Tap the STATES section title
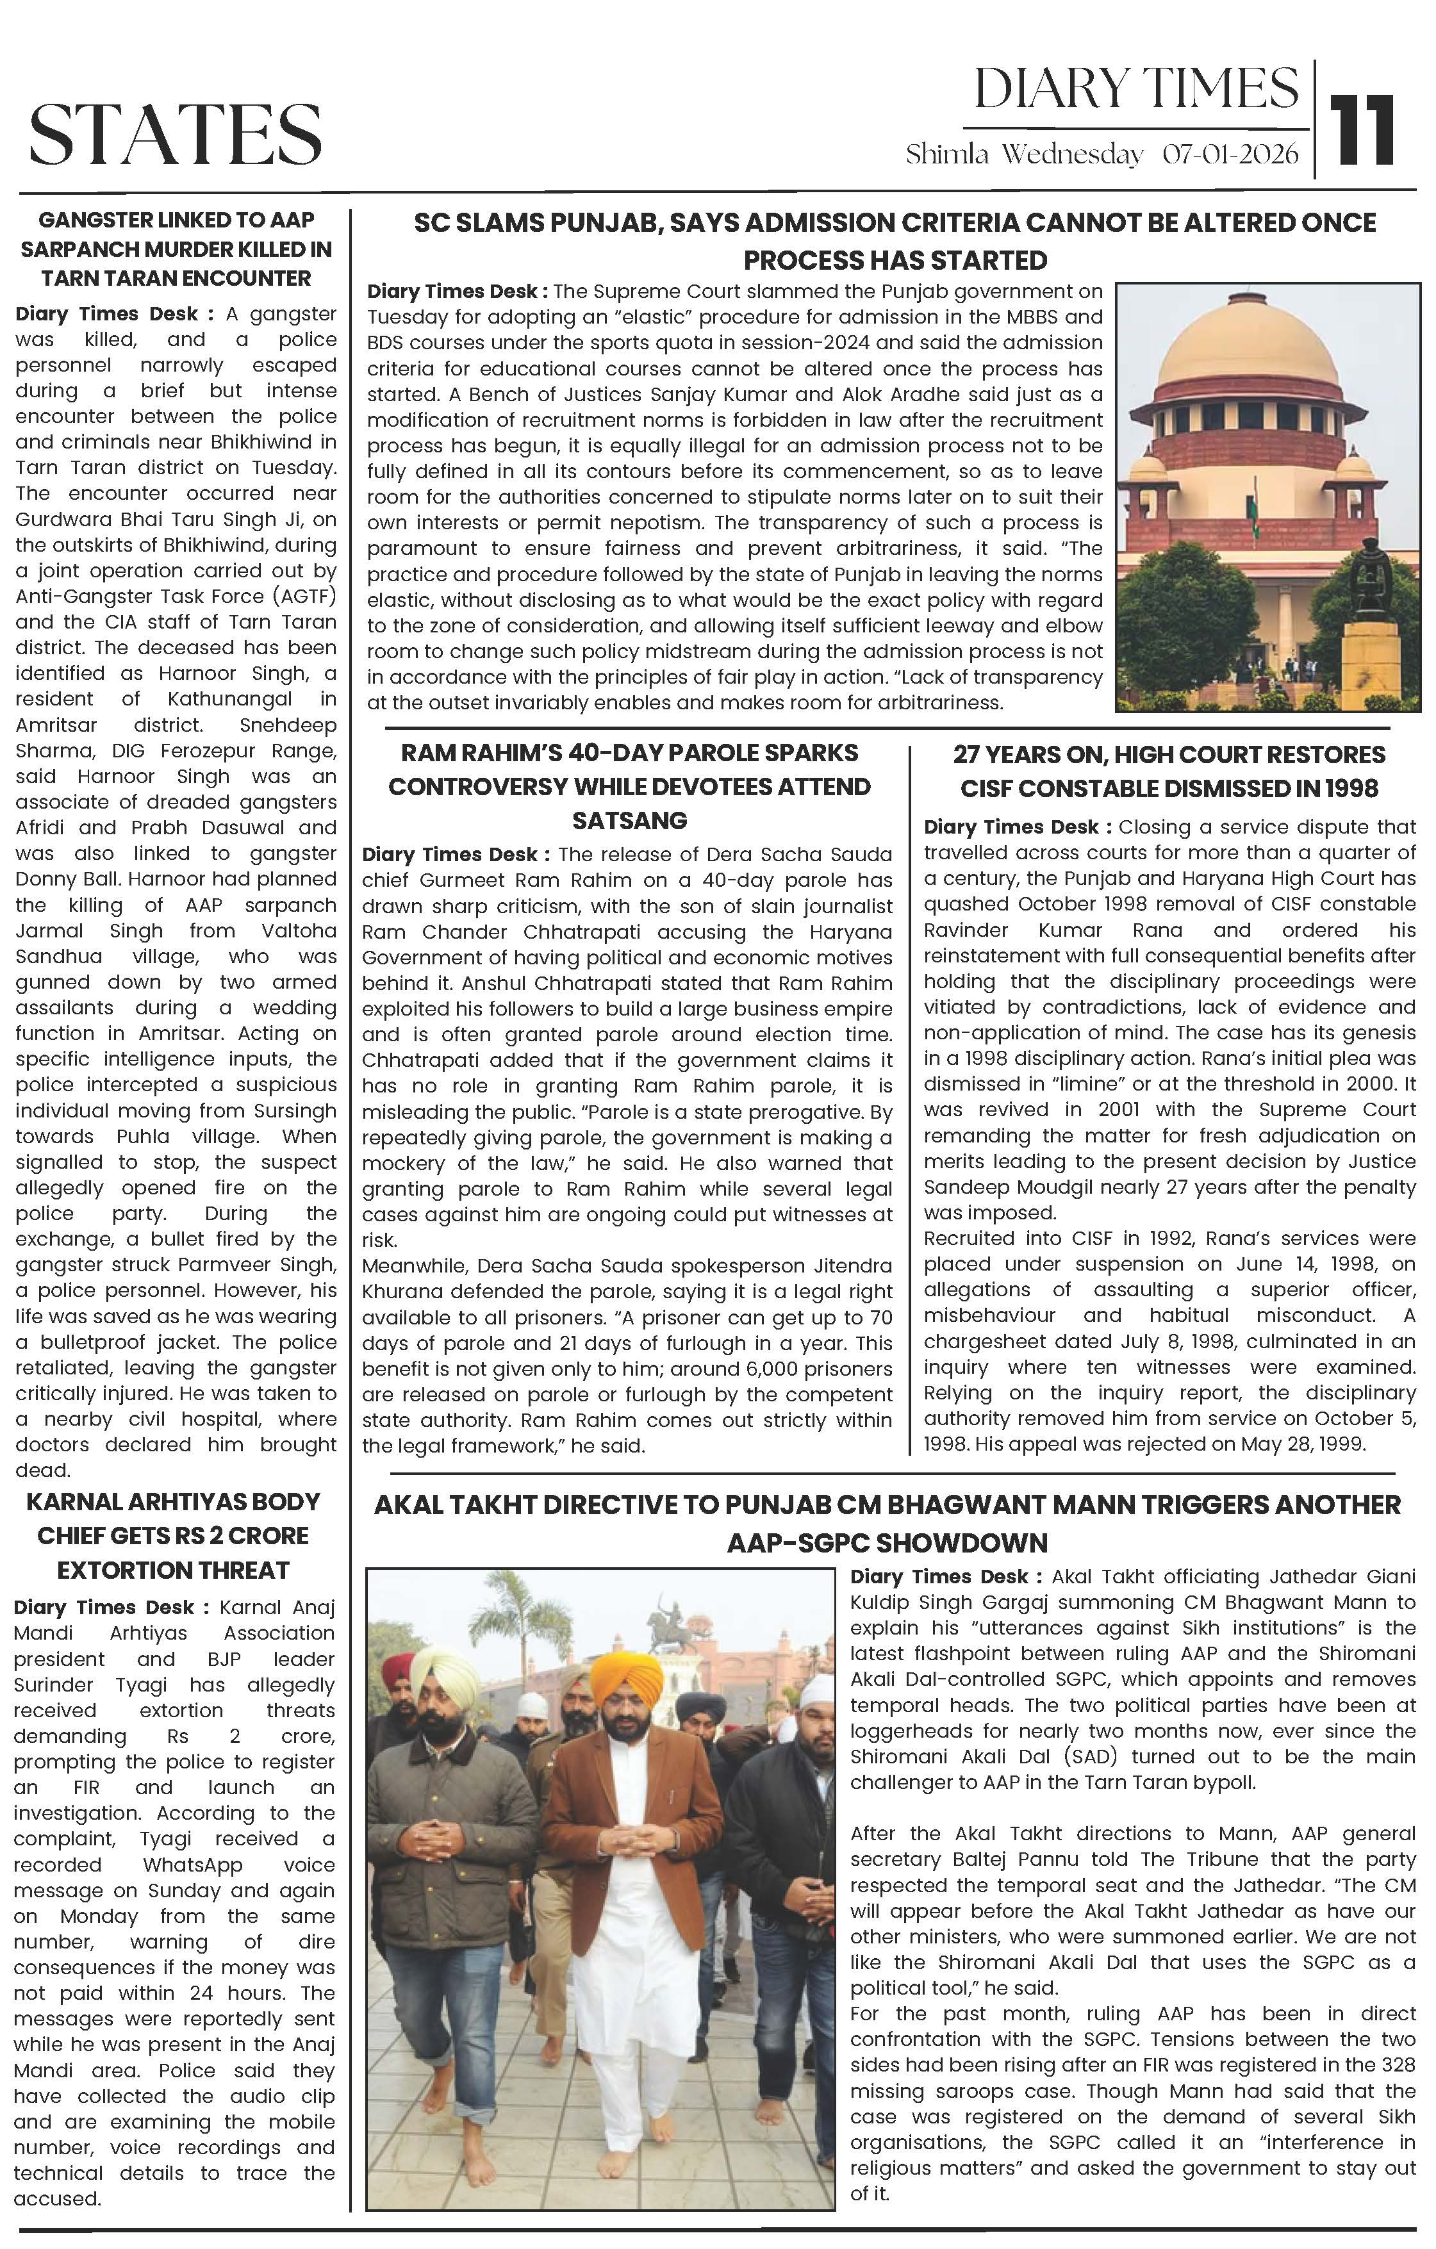[176, 133]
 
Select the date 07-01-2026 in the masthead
[1230, 154]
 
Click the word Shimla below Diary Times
[946, 154]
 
